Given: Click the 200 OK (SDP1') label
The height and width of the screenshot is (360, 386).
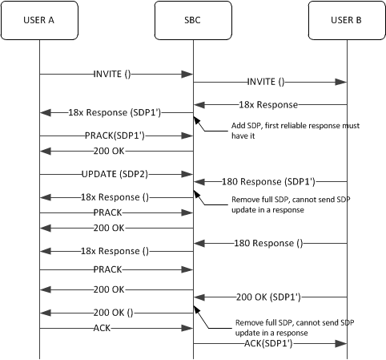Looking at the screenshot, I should [270, 297].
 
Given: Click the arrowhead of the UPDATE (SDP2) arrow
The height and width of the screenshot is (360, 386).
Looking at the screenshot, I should [189, 172].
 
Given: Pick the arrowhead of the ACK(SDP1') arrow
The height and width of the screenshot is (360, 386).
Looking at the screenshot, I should [343, 344].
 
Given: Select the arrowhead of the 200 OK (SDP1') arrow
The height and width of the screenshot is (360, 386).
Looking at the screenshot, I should [197, 297].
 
